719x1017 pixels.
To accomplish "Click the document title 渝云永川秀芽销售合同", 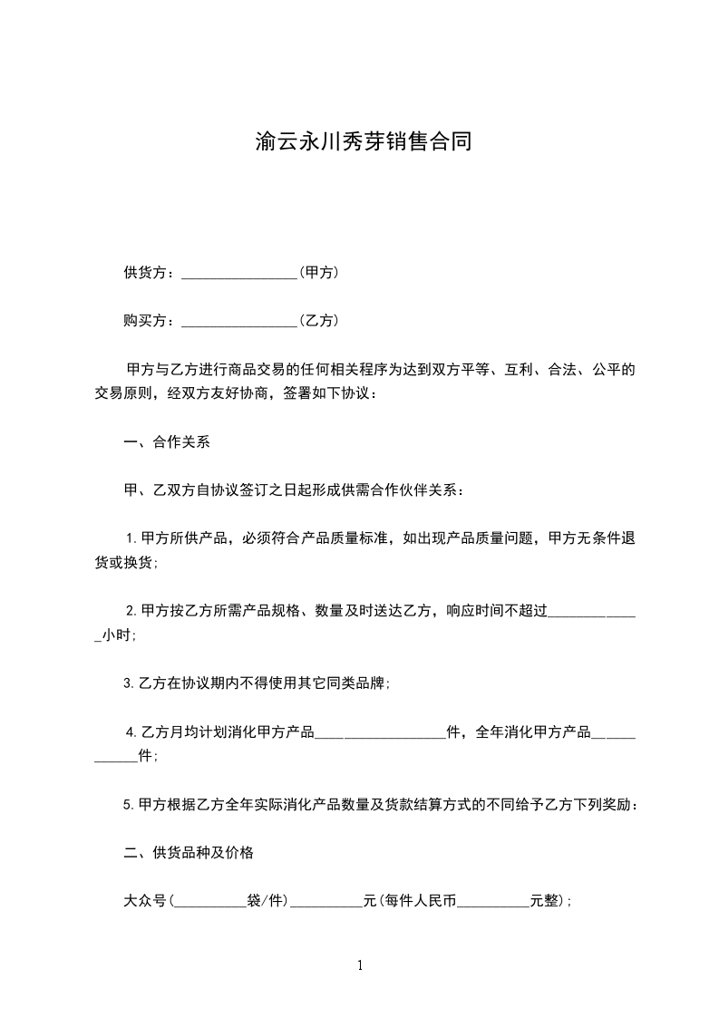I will coord(363,142).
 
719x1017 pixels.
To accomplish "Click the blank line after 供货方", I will coord(239,273).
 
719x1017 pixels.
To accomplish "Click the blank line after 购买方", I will coord(239,321).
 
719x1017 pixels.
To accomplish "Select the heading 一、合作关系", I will coord(166,443).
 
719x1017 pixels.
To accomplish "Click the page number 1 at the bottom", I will coord(360,965).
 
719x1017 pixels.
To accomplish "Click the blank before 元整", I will coord(494,903).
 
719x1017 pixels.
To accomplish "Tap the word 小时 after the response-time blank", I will coord(118,636).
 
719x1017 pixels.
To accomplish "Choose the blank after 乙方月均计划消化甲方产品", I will coord(382,734).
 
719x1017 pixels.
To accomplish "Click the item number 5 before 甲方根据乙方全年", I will coord(128,805).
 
